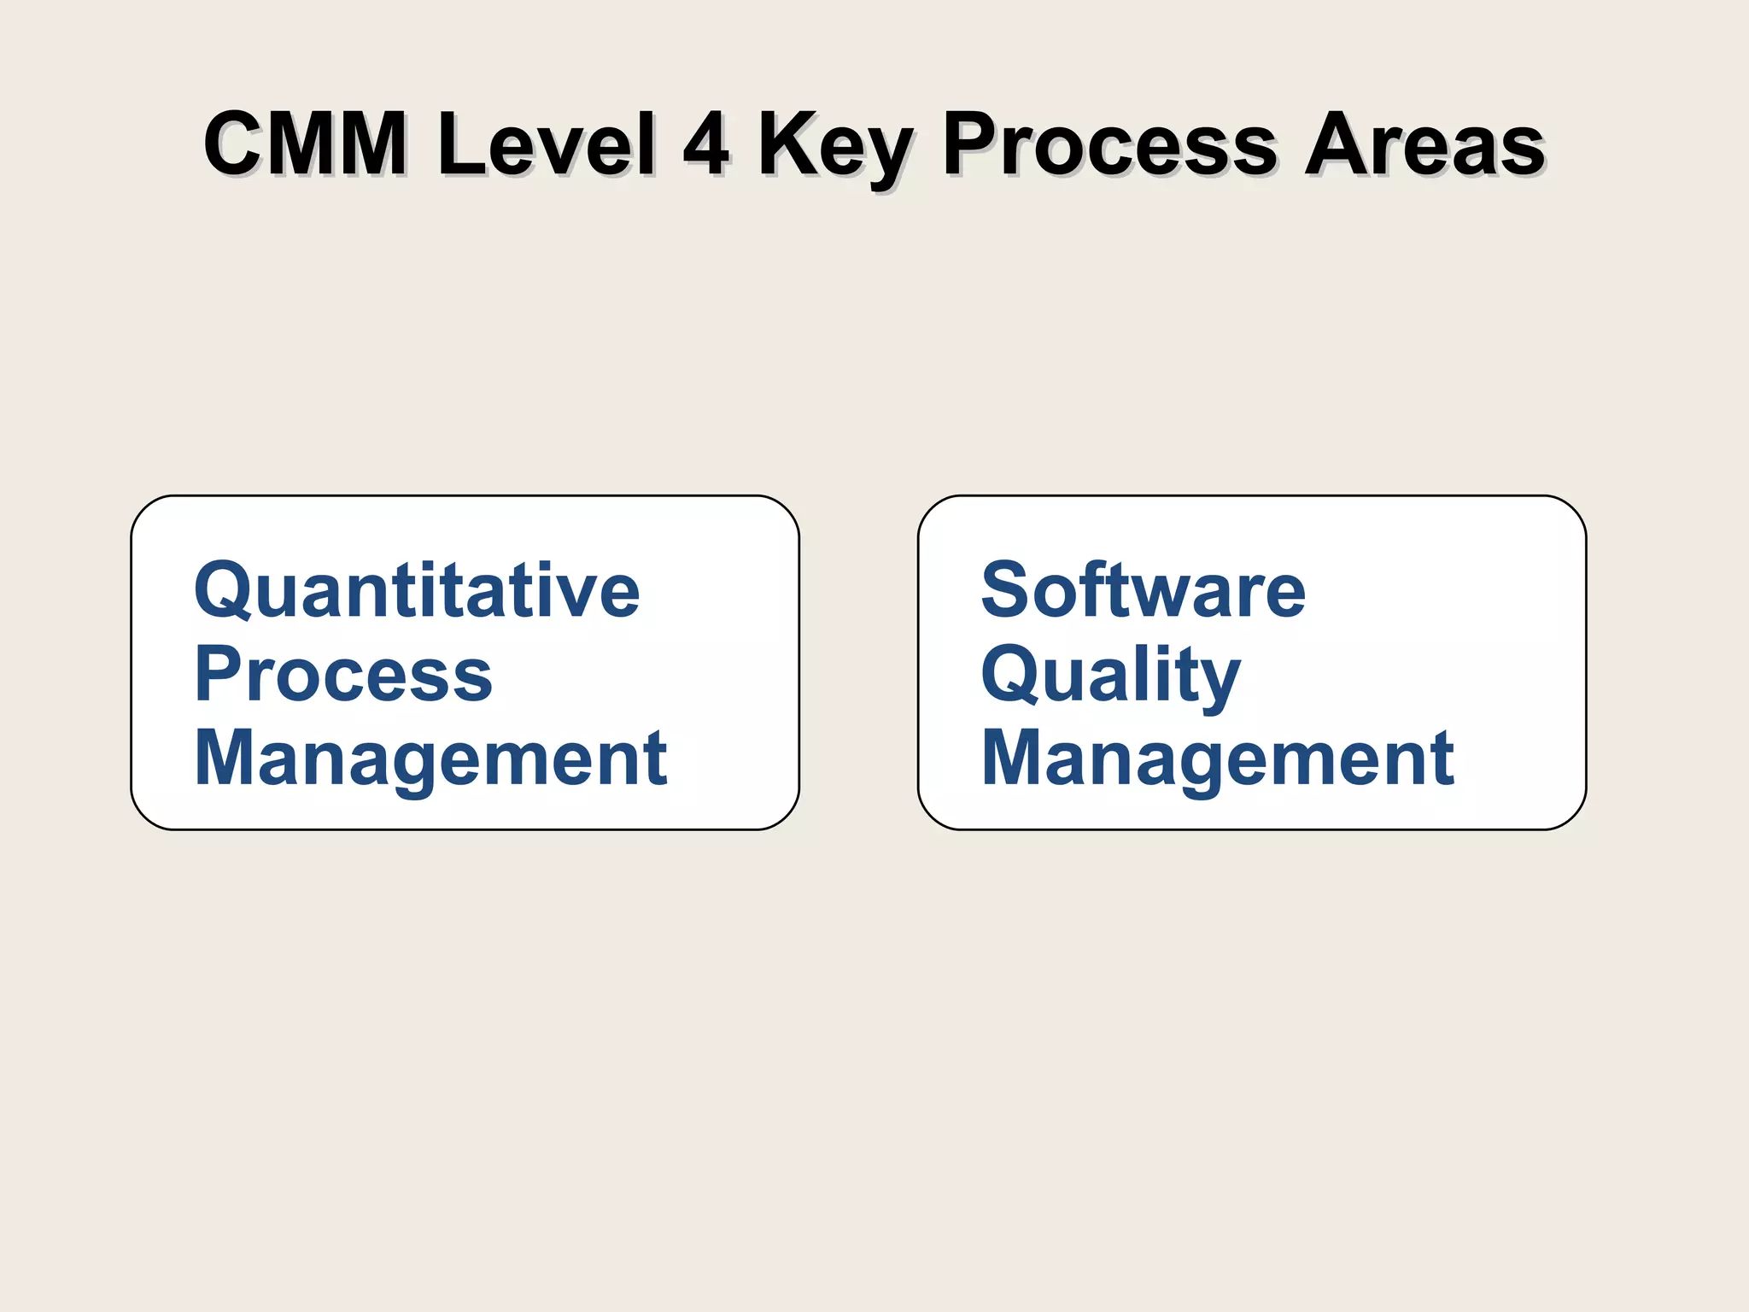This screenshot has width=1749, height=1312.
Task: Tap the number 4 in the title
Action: click(705, 143)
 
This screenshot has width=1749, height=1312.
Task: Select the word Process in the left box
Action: click(343, 674)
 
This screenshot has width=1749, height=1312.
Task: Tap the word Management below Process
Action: click(430, 758)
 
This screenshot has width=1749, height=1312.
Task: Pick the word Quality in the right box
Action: click(1110, 676)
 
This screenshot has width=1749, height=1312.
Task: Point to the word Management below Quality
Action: click(1217, 758)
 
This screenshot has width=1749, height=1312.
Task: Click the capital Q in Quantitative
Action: click(223, 589)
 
